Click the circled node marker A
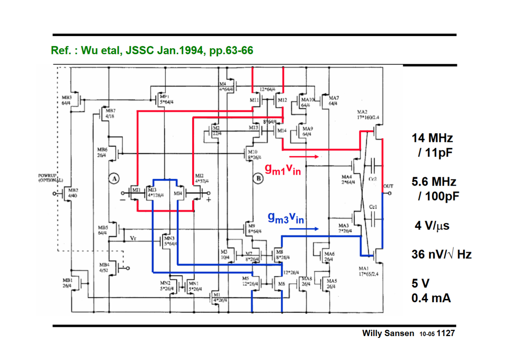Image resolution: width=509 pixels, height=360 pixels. (x=114, y=179)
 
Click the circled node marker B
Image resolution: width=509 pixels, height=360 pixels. (x=258, y=179)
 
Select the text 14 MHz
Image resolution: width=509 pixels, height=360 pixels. (x=432, y=138)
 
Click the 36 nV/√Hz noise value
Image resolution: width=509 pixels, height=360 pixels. (x=441, y=254)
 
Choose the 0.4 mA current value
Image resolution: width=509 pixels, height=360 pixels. (x=431, y=298)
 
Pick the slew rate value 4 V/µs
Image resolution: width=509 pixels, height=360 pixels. (x=432, y=225)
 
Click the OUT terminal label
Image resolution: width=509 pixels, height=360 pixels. (x=388, y=186)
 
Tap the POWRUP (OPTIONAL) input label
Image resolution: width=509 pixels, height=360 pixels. (x=50, y=178)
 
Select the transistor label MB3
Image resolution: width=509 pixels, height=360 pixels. (x=67, y=97)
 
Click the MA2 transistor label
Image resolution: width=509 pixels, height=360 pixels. (x=362, y=112)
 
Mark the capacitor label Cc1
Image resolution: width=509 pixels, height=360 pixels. (x=373, y=207)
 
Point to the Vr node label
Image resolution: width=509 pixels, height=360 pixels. (x=133, y=238)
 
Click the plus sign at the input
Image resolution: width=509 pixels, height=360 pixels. (x=208, y=200)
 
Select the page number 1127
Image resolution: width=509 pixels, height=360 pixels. (x=445, y=334)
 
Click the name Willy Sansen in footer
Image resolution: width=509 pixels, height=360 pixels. (x=388, y=334)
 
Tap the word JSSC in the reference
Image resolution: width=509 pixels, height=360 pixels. (x=140, y=50)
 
